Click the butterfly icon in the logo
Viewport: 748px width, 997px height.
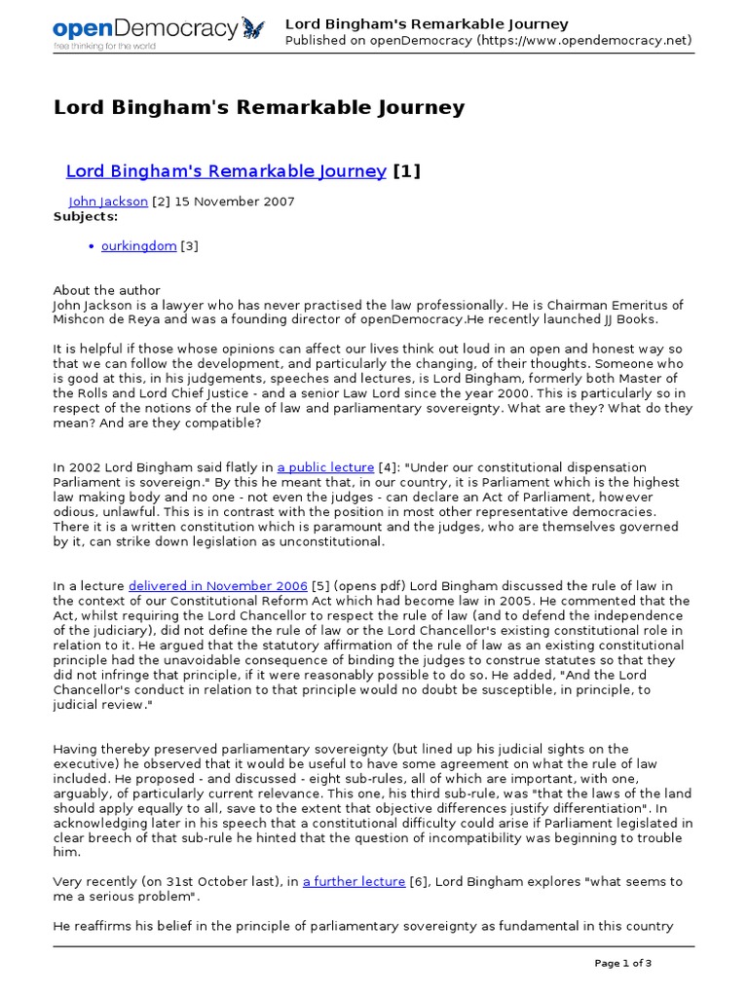pos(252,28)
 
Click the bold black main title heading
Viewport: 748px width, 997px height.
pos(258,108)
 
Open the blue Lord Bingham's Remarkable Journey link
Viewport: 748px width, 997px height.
pos(226,171)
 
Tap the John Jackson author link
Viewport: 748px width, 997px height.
pos(108,202)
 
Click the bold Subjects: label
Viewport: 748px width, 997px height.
pos(85,216)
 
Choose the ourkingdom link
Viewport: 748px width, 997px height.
pos(138,246)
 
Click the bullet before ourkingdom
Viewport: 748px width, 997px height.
pos(92,247)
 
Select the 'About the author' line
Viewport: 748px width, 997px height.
pos(106,290)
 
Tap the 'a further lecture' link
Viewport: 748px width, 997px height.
pos(354,882)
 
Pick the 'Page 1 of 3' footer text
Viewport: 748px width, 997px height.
pos(622,964)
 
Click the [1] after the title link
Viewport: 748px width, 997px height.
pos(407,171)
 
